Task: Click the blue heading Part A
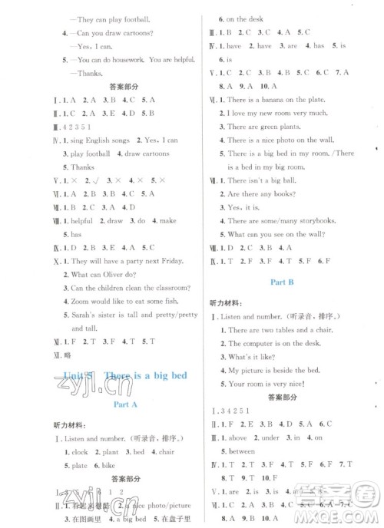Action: point(118,401)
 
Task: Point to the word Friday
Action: point(175,262)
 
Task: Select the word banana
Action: point(283,100)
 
